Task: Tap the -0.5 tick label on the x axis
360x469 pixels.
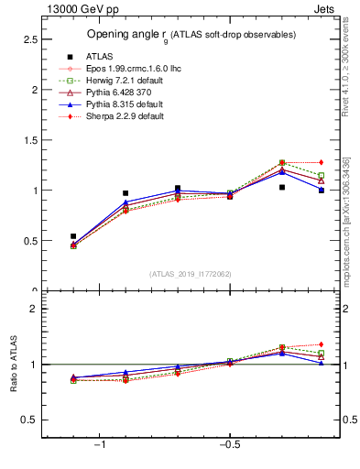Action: click(x=227, y=446)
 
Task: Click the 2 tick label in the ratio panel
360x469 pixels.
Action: click(x=33, y=310)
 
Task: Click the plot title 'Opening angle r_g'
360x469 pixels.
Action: click(x=191, y=35)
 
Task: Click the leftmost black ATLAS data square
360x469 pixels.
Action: click(x=73, y=236)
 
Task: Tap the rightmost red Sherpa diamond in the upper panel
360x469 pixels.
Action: click(x=321, y=162)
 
